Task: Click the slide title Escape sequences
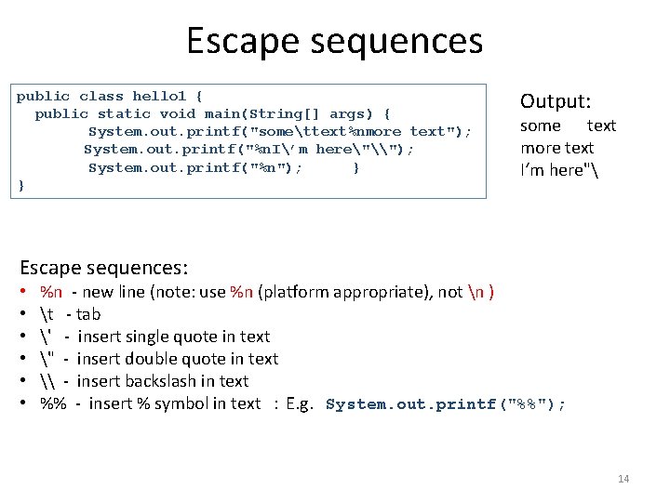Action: coord(334,41)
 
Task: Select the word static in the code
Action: coord(124,113)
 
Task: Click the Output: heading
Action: coord(556,100)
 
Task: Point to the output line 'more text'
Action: coord(556,148)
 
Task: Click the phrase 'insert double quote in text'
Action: coord(178,359)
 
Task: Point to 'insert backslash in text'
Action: coord(163,381)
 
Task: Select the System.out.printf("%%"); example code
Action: coord(445,404)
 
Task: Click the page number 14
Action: coord(623,479)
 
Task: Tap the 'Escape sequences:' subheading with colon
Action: coord(103,268)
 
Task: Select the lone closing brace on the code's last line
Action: coord(21,186)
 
